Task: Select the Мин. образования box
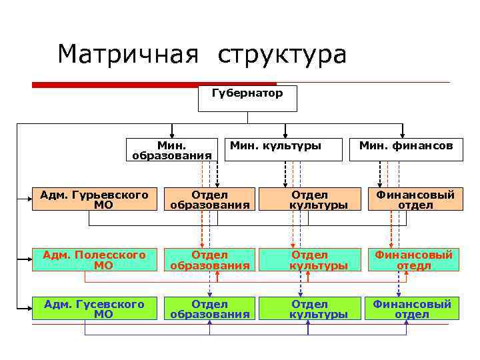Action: coord(172,150)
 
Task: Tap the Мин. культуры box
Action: coord(275,145)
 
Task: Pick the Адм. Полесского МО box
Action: coord(94,260)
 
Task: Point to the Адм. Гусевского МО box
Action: coord(94,309)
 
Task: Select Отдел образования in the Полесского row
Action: coord(209,260)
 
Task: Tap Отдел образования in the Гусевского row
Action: coord(209,309)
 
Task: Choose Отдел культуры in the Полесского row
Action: coord(309,260)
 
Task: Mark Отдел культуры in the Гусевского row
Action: coord(309,309)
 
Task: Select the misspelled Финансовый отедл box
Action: coord(413,260)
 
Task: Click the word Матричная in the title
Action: coord(128,55)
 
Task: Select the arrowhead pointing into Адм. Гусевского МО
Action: coord(29,309)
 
